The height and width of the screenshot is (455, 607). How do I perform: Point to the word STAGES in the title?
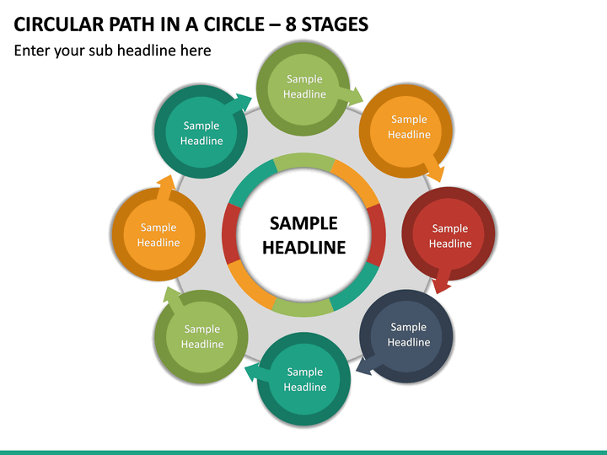pos(335,24)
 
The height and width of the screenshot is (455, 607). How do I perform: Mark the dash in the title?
pos(275,25)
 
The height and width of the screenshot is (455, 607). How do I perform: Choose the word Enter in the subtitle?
pos(31,51)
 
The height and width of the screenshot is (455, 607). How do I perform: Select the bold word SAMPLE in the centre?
pos(303,223)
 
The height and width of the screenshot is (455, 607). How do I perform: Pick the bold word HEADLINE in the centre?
pos(303,248)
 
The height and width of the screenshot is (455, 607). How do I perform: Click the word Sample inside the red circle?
pos(450,228)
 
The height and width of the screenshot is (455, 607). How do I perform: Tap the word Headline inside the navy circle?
pos(409,342)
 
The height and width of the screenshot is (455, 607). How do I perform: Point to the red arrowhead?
pos(441,286)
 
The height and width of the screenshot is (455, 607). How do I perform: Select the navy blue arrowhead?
pos(363,367)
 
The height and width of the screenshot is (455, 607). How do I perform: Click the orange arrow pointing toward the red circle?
pos(433,169)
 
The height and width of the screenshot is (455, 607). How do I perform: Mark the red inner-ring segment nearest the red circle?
pos(376,235)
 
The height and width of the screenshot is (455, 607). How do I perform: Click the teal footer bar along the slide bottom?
pos(303,452)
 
